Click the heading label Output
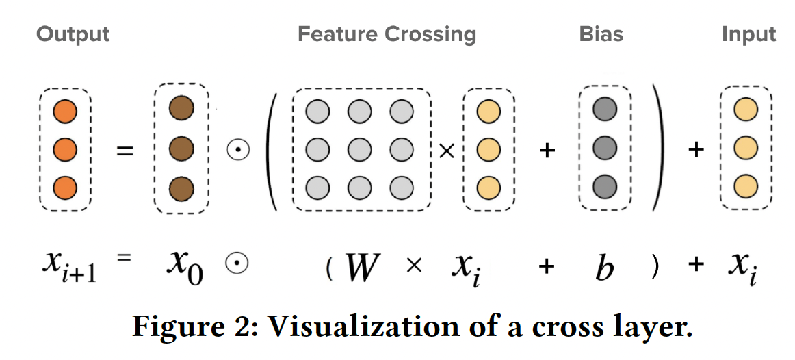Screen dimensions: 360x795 73,34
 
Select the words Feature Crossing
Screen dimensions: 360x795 387,34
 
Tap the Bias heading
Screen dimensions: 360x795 601,34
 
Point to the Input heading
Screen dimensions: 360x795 749,34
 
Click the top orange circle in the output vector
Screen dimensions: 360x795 64,110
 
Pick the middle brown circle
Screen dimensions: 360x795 181,147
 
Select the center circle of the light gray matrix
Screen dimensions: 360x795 359,149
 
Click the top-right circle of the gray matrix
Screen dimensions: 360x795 402,111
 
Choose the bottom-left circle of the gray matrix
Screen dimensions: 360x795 317,186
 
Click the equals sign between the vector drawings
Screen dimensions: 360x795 123,149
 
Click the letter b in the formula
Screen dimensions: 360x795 604,268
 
